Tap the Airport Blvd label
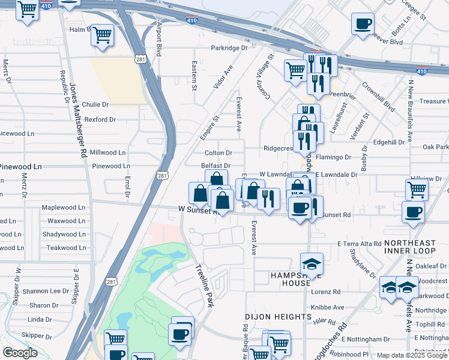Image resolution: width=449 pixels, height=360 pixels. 160,40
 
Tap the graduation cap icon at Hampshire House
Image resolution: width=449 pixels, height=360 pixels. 312,264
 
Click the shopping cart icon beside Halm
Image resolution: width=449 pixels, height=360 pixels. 103,34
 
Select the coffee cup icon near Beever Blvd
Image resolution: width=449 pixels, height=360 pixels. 363,24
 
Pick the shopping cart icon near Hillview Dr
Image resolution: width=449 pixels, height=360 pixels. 417,190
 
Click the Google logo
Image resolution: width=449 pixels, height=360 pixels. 20,353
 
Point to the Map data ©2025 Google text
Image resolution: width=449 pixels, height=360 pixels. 411,355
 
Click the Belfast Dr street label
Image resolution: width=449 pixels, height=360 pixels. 215,166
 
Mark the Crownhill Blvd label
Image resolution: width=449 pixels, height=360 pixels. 381,99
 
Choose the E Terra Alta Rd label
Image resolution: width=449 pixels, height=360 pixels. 360,244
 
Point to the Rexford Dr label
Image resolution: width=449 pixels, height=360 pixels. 100,119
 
